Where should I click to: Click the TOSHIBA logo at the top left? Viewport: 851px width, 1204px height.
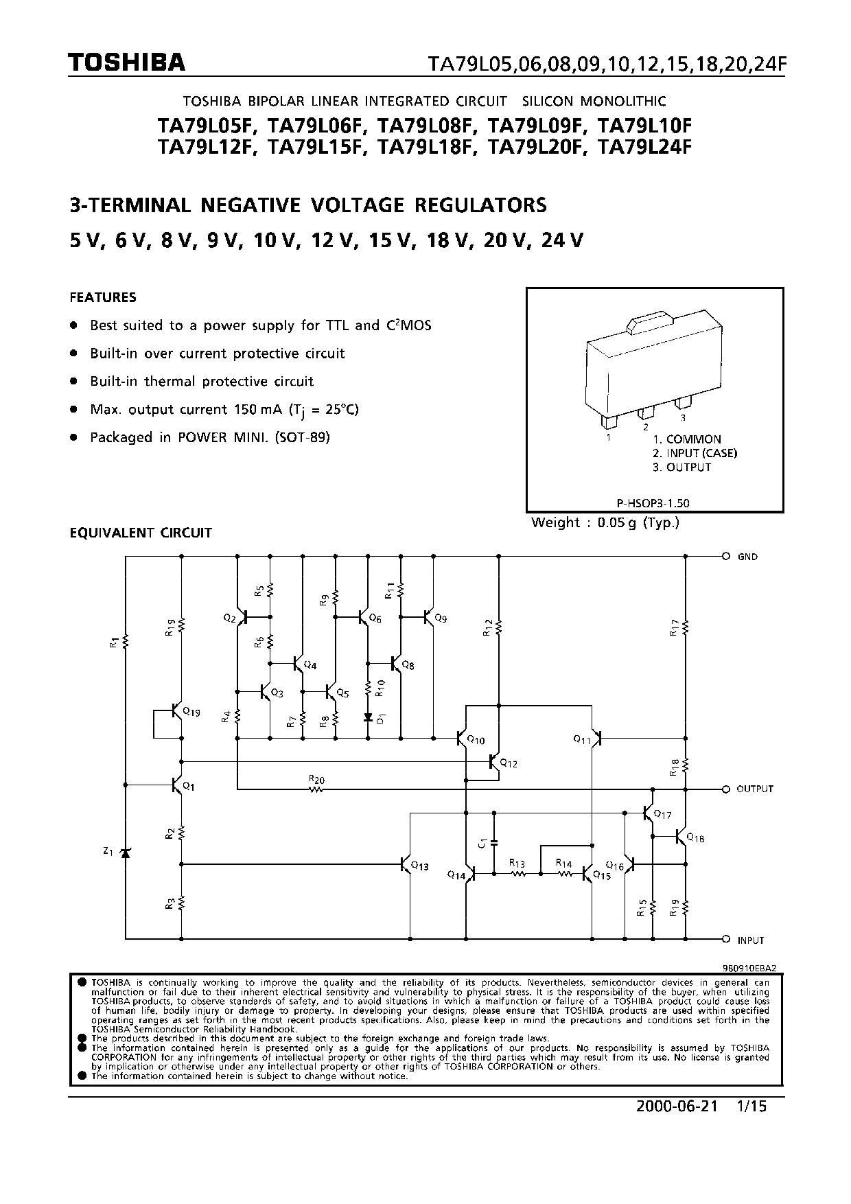[126, 63]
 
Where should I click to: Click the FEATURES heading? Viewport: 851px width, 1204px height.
[103, 297]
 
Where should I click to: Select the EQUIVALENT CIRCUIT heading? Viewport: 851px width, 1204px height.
[141, 533]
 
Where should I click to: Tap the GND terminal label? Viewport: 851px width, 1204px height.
[747, 557]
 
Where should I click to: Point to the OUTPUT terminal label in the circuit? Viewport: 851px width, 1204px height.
[755, 789]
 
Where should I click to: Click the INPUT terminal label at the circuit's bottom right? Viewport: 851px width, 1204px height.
[751, 940]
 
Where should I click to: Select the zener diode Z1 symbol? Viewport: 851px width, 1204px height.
[125, 853]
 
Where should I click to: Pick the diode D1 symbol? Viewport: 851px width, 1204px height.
[368, 717]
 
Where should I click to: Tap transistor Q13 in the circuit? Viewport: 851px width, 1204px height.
[406, 864]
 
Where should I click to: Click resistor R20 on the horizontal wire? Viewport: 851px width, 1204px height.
[316, 789]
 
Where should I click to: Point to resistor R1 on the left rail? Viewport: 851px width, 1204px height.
[126, 642]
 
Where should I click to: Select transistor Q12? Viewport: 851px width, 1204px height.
[494, 761]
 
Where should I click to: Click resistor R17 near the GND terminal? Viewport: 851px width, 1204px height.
[686, 627]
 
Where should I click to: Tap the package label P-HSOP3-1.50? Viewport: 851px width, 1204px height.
[654, 502]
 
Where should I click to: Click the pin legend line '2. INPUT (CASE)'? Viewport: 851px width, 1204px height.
[695, 453]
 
